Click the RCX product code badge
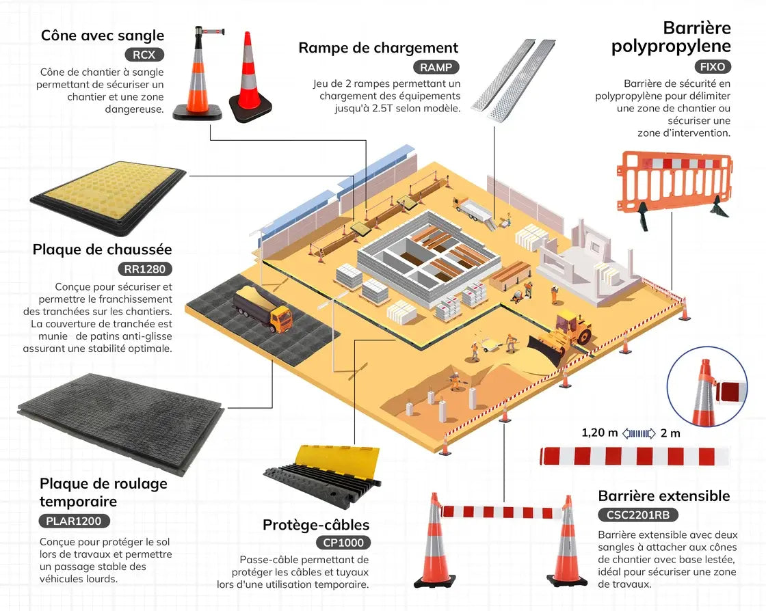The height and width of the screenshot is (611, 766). click(144, 55)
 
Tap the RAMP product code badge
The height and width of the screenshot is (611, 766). click(436, 67)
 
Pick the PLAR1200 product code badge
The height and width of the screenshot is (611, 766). click(74, 521)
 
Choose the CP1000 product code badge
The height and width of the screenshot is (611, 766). click(343, 543)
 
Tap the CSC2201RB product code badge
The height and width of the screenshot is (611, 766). click(638, 515)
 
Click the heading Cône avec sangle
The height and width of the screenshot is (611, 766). click(103, 36)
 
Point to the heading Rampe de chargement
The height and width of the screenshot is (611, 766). click(378, 48)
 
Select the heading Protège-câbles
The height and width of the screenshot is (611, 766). click(316, 525)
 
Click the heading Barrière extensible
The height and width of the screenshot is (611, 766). click(664, 496)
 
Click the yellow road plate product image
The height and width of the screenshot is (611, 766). click(108, 193)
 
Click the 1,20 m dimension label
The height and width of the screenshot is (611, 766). click(600, 433)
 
